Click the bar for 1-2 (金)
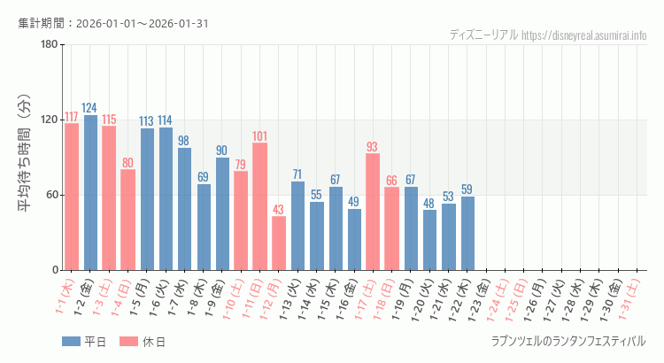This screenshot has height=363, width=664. pos(90,192)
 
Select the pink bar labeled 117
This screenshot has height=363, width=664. pos(72,197)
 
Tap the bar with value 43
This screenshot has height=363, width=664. pos(279,243)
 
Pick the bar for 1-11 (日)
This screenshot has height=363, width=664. pos(259,206)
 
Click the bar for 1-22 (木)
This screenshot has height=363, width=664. pos(467,233)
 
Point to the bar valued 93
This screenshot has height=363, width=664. pos(373,212)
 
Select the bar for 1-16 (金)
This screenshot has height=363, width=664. pos(354,239)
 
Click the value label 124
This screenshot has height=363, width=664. pos(90,108)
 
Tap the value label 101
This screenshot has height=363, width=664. pos(259,136)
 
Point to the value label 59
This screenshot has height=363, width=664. pos(467,189)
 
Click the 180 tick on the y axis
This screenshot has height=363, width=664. pos(49,45)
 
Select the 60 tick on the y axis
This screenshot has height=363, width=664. pos(51,195)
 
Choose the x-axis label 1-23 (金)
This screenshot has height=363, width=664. pos(484,299)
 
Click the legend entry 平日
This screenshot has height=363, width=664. pos(84,342)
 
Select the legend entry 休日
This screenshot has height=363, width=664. pos(142,342)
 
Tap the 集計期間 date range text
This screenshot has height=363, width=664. pos(113,23)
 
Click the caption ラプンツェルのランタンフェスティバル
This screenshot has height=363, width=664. pos(568,341)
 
